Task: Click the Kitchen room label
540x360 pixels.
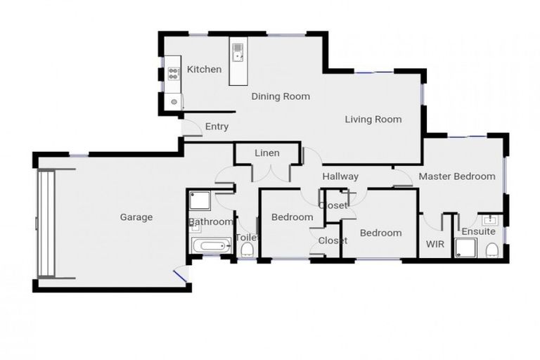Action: click(x=204, y=69)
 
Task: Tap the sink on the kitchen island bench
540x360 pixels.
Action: click(x=238, y=50)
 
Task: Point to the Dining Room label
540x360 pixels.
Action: click(x=281, y=96)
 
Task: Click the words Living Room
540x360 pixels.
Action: click(x=373, y=120)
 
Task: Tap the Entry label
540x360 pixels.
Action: click(x=217, y=127)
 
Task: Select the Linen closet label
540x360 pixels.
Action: click(x=266, y=153)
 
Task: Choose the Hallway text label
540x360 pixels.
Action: click(x=340, y=176)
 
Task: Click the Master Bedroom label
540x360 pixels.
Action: click(x=457, y=176)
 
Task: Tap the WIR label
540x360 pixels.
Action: click(x=435, y=244)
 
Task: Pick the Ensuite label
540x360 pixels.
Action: click(x=478, y=231)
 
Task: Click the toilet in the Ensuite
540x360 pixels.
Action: click(x=492, y=249)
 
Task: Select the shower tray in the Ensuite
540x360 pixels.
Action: click(x=465, y=248)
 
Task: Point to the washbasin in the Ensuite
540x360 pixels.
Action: click(x=489, y=219)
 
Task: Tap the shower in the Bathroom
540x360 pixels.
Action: click(x=200, y=201)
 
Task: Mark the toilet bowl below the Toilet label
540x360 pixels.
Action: click(x=246, y=250)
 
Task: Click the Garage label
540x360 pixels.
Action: click(x=136, y=217)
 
